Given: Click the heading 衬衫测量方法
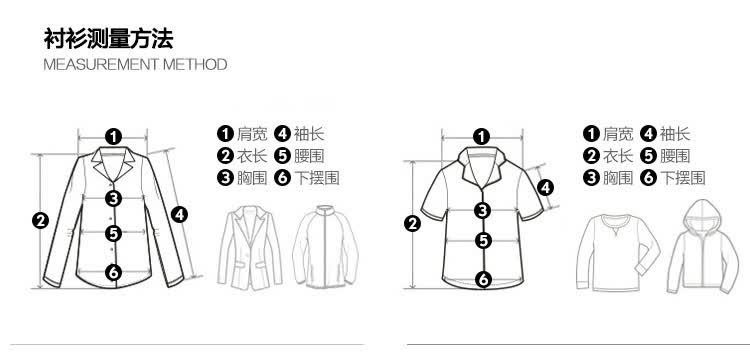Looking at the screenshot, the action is click(108, 39).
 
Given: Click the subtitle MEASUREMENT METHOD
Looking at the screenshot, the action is click(135, 65).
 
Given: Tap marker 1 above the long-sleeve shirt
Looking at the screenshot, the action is click(113, 137).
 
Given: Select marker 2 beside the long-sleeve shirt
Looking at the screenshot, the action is click(41, 221).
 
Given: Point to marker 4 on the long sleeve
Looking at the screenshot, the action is click(179, 215).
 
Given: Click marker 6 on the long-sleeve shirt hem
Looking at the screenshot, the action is click(113, 273).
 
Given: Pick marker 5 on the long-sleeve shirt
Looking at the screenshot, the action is click(113, 233).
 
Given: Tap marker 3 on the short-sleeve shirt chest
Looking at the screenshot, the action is click(483, 210).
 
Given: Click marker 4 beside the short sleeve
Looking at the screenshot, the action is click(545, 188).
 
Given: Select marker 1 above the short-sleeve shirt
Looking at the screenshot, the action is click(482, 137).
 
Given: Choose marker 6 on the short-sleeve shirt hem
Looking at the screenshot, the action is click(484, 279).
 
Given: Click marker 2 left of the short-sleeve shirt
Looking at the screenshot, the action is click(412, 223).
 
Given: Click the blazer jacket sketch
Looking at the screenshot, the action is click(250, 248).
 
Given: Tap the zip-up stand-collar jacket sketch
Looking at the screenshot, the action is click(325, 247).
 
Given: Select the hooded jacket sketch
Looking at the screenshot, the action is click(703, 246).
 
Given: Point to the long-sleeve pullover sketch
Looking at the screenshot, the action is click(618, 252).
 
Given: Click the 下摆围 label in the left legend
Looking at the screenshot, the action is click(317, 178).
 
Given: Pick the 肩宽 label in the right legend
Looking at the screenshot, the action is click(618, 134).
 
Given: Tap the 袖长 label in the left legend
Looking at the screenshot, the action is click(309, 134).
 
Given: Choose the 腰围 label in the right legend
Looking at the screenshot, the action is click(675, 156).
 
